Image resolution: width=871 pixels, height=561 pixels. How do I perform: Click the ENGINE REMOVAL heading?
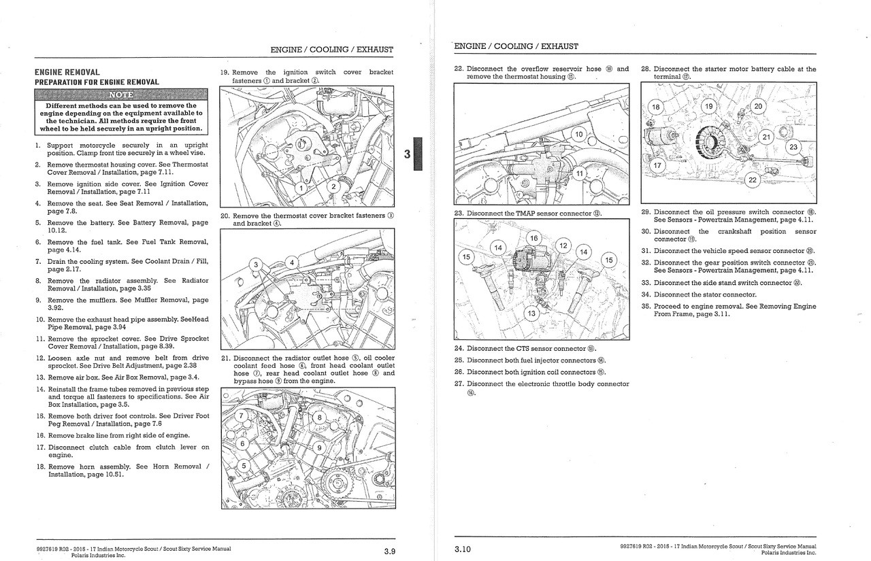67,72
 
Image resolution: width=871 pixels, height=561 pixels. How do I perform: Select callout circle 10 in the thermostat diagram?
578,134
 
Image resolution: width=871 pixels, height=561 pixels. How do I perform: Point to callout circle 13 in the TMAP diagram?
531,313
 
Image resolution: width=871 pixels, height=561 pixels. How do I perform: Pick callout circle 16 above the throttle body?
534,238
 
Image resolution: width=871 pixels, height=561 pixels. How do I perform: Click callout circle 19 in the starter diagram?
709,107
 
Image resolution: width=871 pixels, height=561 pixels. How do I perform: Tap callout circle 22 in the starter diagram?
752,180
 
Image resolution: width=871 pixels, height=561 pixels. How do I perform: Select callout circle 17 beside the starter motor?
657,165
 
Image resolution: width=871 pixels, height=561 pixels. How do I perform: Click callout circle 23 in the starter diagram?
793,147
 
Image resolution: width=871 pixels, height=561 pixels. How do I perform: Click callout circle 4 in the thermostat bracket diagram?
292,262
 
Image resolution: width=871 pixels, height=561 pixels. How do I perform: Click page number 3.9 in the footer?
389,551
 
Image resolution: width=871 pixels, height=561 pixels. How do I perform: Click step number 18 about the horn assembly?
40,466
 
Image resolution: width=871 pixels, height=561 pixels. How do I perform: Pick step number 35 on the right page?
646,306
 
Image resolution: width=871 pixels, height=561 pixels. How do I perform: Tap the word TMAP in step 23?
525,214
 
